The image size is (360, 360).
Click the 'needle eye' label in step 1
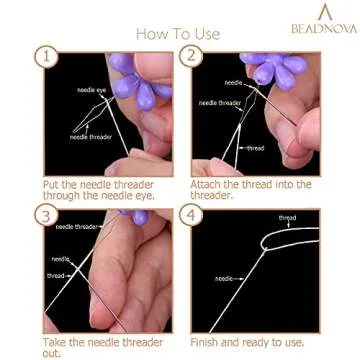coord(93,89)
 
